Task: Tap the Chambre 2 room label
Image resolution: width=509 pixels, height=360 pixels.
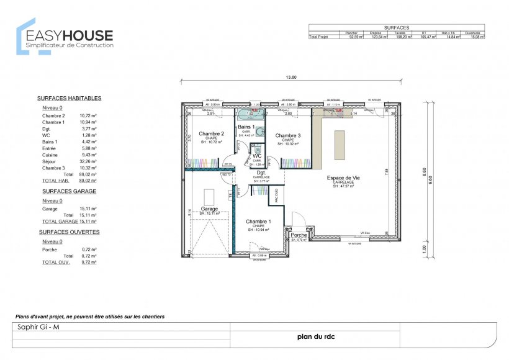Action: click(211, 133)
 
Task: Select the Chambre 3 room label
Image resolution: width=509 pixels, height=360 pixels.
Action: click(288, 136)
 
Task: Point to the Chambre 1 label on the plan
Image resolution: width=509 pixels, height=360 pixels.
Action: click(258, 222)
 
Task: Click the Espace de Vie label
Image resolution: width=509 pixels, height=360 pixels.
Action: click(343, 178)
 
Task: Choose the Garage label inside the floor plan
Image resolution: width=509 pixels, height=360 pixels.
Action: click(209, 209)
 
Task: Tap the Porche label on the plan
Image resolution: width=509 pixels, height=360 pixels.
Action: click(299, 235)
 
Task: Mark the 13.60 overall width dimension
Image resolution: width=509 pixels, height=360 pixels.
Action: click(291, 78)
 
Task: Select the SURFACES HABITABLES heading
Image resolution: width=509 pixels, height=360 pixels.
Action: click(69, 98)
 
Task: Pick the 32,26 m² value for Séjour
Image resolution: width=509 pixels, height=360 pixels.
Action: click(88, 161)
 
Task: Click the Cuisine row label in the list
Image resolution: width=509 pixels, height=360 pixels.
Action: click(51, 155)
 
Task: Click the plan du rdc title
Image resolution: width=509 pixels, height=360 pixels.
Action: click(314, 338)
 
